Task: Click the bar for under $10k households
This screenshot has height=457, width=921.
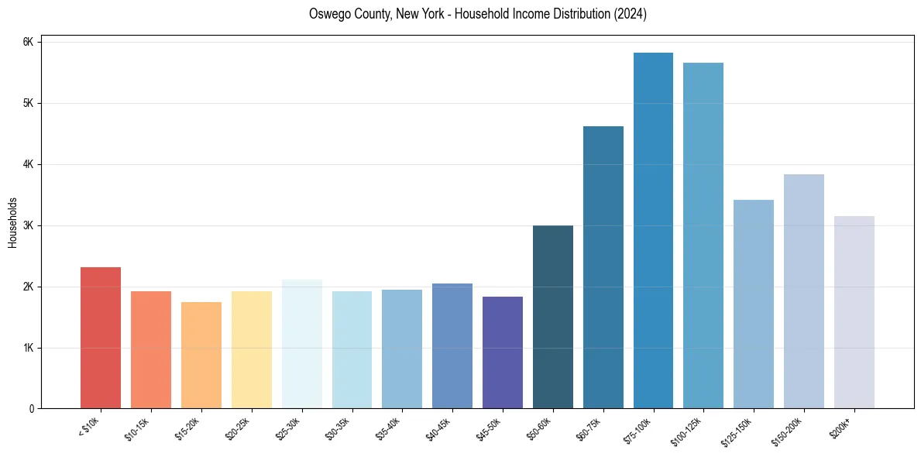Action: (x=101, y=338)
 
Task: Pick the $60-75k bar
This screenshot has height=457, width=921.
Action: (x=603, y=267)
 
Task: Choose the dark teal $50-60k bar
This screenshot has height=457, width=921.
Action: (x=553, y=317)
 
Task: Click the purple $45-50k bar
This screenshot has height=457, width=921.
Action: (x=503, y=352)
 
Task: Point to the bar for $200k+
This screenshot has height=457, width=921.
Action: (x=854, y=312)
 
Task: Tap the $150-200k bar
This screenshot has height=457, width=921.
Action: (x=804, y=291)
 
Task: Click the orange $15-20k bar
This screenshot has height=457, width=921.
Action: (x=201, y=355)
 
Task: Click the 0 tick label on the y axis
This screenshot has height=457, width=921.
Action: (x=31, y=409)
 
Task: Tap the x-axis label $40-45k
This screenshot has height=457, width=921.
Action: (x=438, y=427)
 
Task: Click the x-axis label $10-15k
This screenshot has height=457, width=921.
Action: (x=136, y=427)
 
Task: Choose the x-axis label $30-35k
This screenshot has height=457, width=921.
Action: (x=338, y=427)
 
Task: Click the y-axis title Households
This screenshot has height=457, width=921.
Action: (x=12, y=222)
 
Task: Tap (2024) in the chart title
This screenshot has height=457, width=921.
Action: (x=629, y=14)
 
